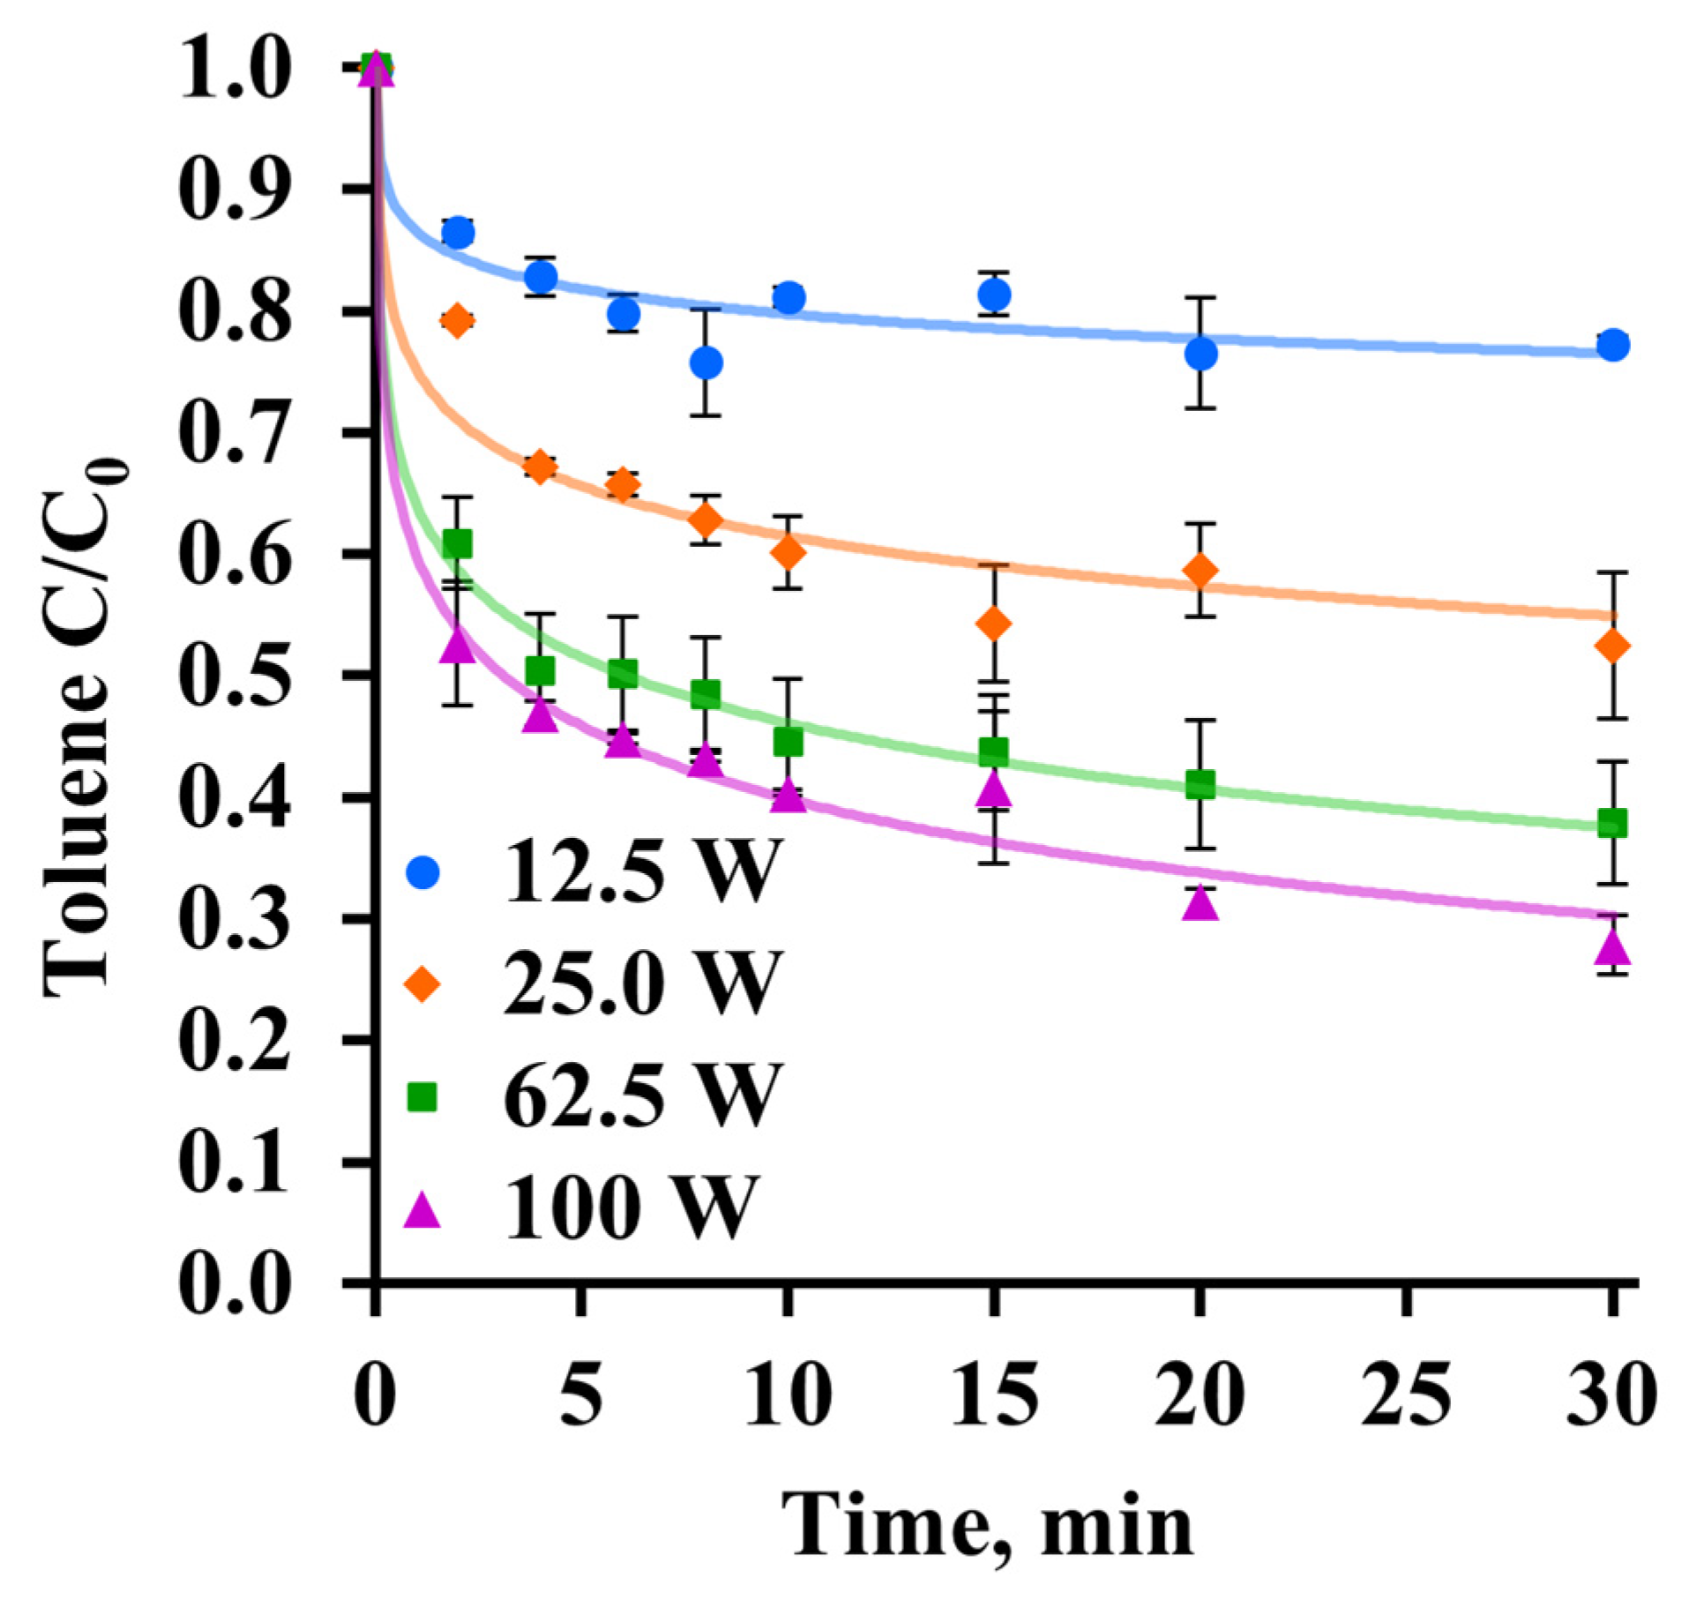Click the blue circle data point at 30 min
[x=1612, y=345]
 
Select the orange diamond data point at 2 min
[x=456, y=320]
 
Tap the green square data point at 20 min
[x=1200, y=784]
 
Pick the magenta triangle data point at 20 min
[x=1200, y=904]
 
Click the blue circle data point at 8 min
[x=706, y=363]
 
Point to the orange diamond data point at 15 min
[x=994, y=624]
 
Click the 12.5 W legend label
[x=642, y=871]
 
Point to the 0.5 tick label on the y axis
[x=234, y=677]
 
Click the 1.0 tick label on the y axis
[x=234, y=68]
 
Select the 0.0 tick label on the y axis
[x=234, y=1283]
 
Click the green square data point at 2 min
[x=456, y=544]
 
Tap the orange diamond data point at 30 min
[x=1612, y=647]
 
